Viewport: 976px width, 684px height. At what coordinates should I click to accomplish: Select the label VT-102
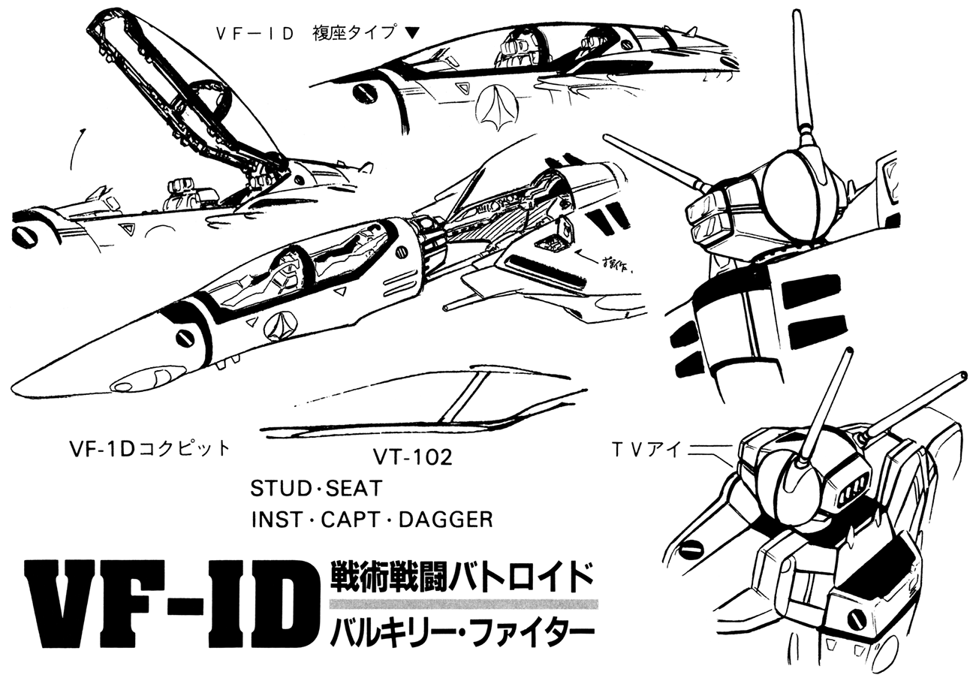coord(413,457)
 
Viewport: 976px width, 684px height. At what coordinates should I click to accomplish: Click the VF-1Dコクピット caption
coord(149,449)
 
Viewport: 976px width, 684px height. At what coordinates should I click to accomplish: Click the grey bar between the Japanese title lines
coord(464,604)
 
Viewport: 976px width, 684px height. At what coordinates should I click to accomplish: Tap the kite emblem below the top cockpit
coord(498,105)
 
